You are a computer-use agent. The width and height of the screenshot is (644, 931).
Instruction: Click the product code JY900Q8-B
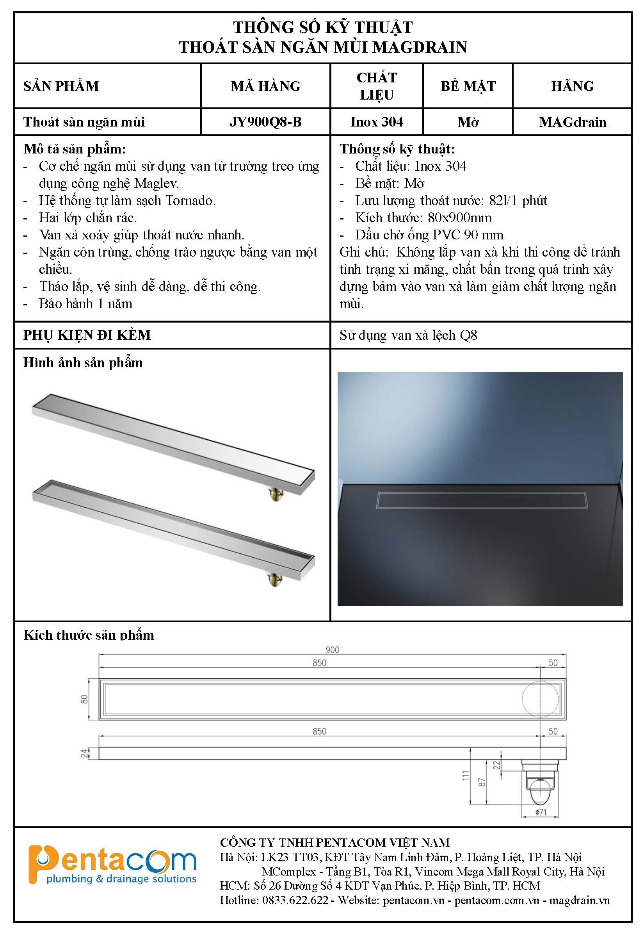pos(265,122)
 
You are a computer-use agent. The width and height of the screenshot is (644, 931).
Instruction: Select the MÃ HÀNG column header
pos(265,86)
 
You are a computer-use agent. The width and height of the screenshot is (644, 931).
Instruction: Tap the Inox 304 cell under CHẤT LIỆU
pos(377,122)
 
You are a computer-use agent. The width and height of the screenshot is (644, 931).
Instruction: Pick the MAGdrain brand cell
pos(572,122)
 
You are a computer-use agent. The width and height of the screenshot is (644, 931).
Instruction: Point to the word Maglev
pos(156,184)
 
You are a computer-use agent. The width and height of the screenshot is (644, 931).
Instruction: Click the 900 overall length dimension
pos(332,649)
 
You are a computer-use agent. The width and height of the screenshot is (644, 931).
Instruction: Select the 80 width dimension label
pos(84,699)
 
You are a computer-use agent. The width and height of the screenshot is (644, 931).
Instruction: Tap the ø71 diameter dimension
pos(541,812)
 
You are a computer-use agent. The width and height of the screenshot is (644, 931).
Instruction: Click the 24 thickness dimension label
pos(84,753)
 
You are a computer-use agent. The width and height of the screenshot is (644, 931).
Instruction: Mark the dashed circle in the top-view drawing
pos(540,699)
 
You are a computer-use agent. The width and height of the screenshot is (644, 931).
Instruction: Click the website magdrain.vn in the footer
pos(580,900)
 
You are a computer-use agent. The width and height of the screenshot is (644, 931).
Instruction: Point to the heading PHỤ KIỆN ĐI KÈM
pos(87,335)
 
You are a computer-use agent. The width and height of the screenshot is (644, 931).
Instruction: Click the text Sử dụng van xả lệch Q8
pos(408,335)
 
